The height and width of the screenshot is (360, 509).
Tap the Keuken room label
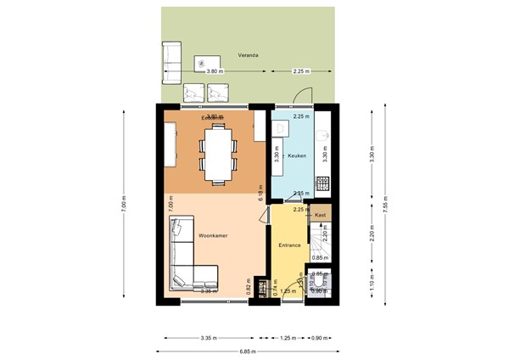point(296,156)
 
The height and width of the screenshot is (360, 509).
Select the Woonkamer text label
point(211,234)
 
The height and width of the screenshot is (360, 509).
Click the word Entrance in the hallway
point(290,245)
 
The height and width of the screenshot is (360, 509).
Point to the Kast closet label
point(320,216)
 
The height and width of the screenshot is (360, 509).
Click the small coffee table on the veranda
point(204,61)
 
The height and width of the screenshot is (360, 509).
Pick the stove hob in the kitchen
point(322,182)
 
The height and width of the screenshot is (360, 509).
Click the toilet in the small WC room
point(320,281)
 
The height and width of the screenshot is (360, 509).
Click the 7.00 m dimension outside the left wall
point(124,204)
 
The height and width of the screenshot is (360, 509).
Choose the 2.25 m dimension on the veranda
point(299,72)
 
